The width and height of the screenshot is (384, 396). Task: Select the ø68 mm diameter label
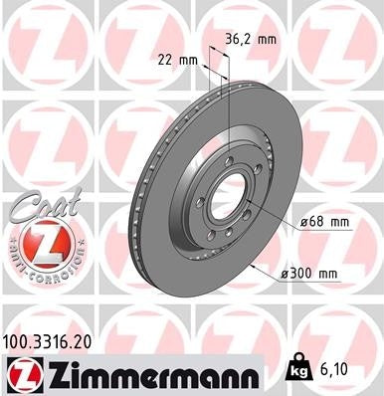[326, 223]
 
